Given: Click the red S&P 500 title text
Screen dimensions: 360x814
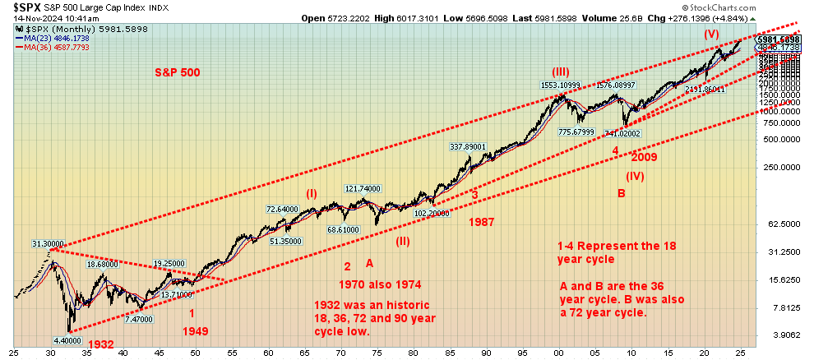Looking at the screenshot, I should coord(177,72).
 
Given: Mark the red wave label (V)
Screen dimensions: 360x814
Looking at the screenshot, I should coord(712,34).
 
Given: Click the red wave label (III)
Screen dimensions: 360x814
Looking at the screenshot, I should coord(559,72).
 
